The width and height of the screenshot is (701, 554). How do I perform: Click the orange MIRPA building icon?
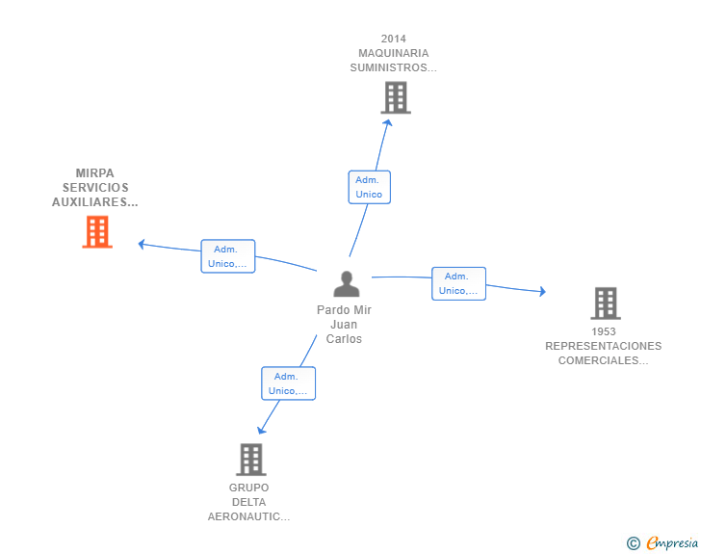click(x=97, y=232)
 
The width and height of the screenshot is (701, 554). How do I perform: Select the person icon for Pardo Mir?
click(x=347, y=283)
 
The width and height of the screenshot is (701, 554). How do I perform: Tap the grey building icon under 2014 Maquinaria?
click(x=396, y=97)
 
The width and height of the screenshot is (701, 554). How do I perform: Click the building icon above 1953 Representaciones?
click(x=606, y=303)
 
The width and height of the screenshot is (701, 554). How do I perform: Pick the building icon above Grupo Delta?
click(x=251, y=460)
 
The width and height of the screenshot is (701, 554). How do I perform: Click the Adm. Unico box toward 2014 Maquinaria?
click(x=370, y=187)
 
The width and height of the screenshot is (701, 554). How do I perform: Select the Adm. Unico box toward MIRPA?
click(x=228, y=256)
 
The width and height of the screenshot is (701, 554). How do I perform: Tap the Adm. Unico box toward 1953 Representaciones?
click(x=458, y=283)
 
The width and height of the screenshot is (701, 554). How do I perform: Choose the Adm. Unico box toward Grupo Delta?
click(x=288, y=383)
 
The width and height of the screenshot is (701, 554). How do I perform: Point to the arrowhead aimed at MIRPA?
click(x=142, y=244)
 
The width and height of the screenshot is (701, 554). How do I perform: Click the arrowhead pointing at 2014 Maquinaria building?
click(x=388, y=122)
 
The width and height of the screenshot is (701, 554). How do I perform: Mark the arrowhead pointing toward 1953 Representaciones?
click(x=542, y=291)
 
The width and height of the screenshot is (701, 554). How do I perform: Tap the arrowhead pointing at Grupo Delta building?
click(x=261, y=431)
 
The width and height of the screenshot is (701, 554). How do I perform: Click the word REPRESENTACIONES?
click(x=603, y=346)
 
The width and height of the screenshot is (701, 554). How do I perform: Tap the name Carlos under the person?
click(x=344, y=339)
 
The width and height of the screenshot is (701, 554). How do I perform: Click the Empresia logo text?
click(x=672, y=542)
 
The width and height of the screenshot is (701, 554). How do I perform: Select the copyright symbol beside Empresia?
click(x=634, y=543)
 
